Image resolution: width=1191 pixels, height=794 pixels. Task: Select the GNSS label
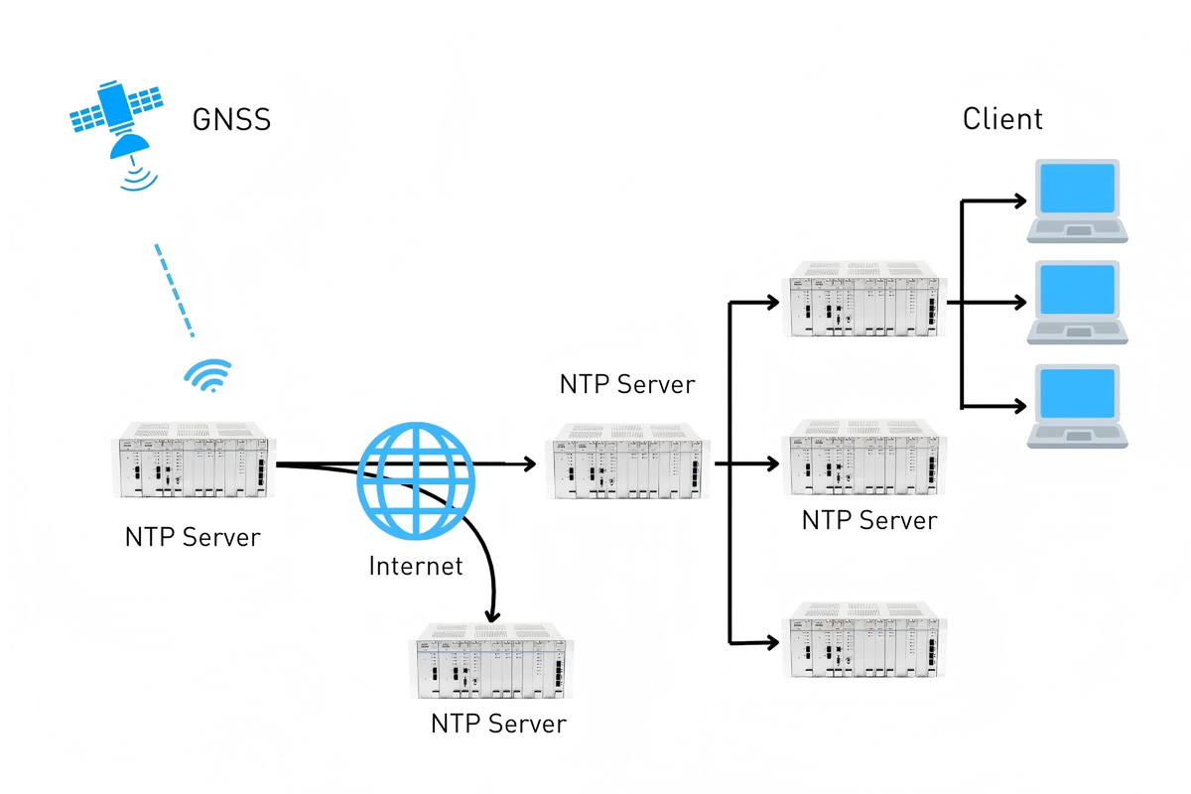point(230,121)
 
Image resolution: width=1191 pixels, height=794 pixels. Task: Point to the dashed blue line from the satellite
point(175,290)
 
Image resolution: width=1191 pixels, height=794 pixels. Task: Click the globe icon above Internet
point(416,478)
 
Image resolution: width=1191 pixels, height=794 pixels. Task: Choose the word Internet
point(416,567)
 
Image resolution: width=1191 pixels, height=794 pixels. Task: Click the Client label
point(1002,119)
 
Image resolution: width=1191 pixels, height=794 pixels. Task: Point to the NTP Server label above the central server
point(627,384)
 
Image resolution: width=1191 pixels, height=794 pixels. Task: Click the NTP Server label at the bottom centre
point(498,724)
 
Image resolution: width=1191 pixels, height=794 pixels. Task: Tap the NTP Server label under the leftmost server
point(193,537)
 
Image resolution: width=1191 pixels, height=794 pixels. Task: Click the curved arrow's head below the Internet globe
point(489,615)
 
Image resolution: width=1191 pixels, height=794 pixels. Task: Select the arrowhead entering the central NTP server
point(529,463)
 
